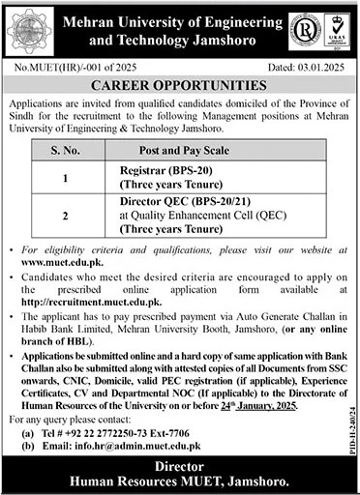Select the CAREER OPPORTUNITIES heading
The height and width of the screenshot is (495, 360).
[x=179, y=84]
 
